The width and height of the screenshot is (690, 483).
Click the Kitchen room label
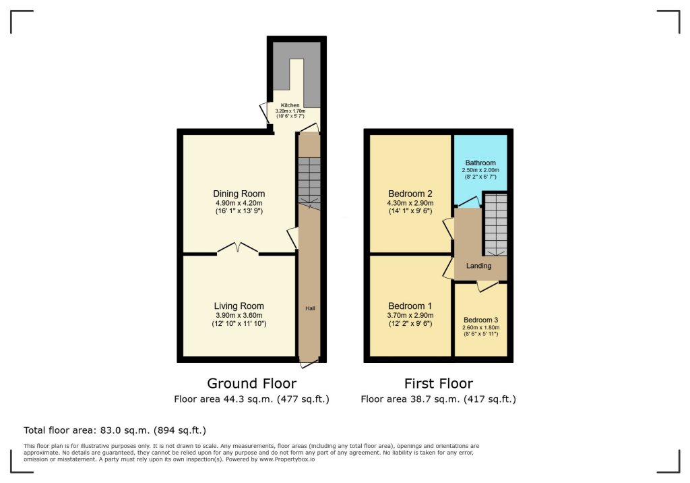point(290,105)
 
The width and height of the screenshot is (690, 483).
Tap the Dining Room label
point(239,194)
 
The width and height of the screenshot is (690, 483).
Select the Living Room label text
point(239,306)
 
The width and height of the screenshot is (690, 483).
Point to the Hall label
point(310,308)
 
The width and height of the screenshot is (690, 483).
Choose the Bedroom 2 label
point(410,194)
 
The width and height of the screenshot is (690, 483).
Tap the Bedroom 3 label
point(480,320)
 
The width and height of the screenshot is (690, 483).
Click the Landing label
point(478,266)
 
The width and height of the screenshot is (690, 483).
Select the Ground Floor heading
point(251,384)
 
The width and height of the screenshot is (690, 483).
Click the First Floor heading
point(438,384)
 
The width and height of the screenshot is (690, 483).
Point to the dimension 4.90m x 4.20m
point(239,203)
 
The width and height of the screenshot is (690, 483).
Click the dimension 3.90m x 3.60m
point(239,315)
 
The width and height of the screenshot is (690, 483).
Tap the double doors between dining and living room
point(238,248)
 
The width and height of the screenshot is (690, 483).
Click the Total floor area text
point(115,430)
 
